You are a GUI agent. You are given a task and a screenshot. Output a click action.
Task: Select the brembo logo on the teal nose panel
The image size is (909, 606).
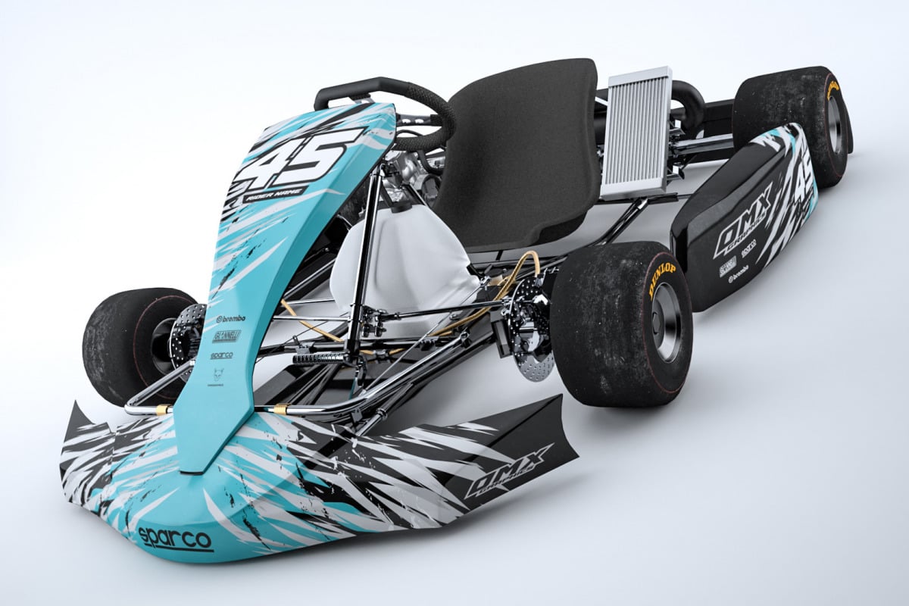[230, 320]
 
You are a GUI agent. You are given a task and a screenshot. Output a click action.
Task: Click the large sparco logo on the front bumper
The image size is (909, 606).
[175, 539]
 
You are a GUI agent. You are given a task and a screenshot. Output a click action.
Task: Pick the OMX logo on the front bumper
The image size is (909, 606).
[508, 470]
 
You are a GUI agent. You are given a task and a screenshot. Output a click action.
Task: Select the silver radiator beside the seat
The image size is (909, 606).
[637, 133]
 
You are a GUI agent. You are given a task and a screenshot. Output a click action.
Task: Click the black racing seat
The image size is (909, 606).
[523, 151]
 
